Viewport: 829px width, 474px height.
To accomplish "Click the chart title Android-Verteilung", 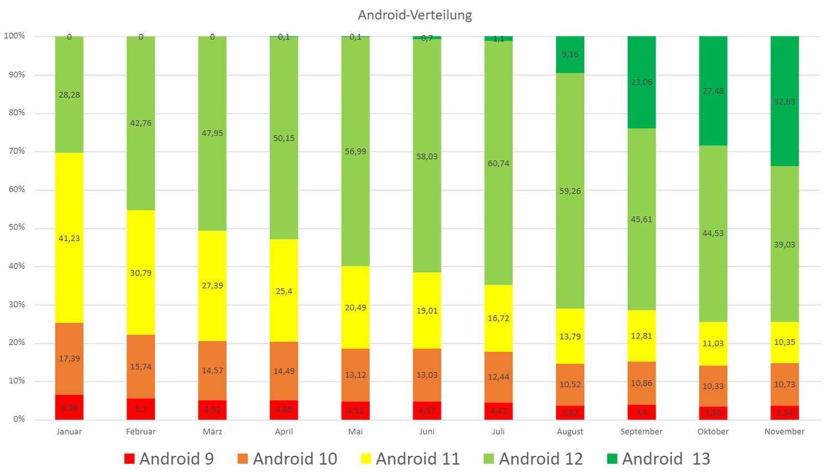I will point(414,15).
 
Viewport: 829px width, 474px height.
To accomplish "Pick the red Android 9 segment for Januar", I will point(69,408).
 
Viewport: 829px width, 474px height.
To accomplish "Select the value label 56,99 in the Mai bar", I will point(355,152).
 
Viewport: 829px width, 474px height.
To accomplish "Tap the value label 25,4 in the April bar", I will point(284,291).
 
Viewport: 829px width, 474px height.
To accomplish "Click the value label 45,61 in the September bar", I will point(641,220).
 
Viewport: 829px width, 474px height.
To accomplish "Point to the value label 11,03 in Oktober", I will point(713,343).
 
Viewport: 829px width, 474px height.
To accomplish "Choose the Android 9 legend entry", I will point(169,459).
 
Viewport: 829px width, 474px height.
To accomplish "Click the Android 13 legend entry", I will point(658,459).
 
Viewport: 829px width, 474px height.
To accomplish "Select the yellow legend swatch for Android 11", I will point(366,459).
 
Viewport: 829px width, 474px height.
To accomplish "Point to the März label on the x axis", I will point(212,431).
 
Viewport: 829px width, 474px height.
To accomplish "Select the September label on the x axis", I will point(641,431).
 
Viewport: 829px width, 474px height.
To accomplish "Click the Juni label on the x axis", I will point(427,431).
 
